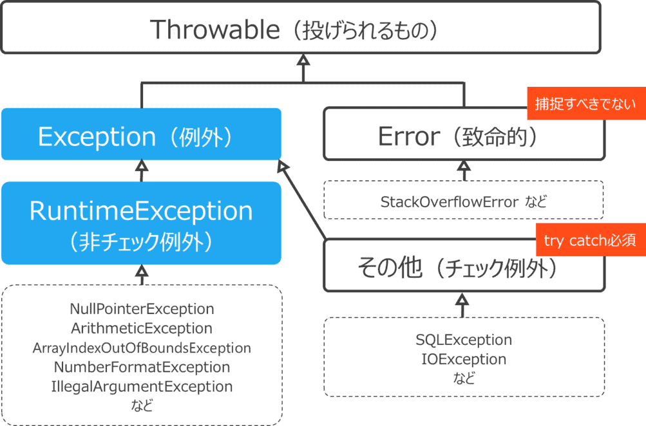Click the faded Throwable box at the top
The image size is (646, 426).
pyautogui.click(x=301, y=29)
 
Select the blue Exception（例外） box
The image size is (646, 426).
pyautogui.click(x=141, y=136)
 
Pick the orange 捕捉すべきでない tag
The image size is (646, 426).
pyautogui.click(x=585, y=104)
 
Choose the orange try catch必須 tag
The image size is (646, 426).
pyautogui.click(x=590, y=241)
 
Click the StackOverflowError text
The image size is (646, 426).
pyautogui.click(x=450, y=202)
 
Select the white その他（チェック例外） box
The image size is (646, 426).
pyautogui.click(x=457, y=268)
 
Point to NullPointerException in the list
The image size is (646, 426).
pyautogui.click(x=142, y=310)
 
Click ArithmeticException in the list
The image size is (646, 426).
pyautogui.click(x=142, y=329)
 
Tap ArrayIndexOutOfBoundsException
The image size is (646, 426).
pyautogui.click(x=142, y=348)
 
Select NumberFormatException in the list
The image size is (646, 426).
pyautogui.click(x=142, y=367)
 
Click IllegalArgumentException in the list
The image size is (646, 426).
pyautogui.click(x=142, y=387)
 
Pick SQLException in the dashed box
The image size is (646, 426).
pyautogui.click(x=464, y=340)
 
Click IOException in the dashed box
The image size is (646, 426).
pyautogui.click(x=464, y=359)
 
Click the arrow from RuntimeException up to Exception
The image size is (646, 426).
pyautogui.click(x=142, y=171)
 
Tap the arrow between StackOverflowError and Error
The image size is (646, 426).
pyautogui.click(x=464, y=171)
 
